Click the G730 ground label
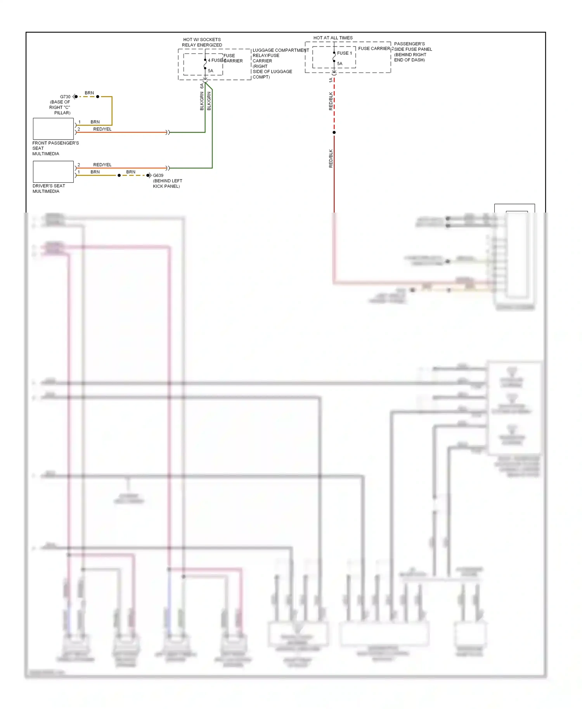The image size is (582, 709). tap(65, 97)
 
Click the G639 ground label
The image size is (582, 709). tap(158, 175)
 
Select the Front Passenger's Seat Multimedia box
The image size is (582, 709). tap(53, 129)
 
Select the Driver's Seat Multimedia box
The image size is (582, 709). tap(53, 172)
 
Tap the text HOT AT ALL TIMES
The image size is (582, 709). tap(333, 38)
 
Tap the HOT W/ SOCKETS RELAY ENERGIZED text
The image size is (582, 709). tap(202, 42)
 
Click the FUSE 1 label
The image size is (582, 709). tap(344, 53)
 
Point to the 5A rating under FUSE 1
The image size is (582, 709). tap(339, 64)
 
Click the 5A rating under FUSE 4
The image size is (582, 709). tap(210, 71)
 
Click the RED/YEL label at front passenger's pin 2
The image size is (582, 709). tap(102, 129)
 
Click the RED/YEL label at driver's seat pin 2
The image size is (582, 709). tap(102, 165)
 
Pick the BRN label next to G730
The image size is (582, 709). tap(89, 93)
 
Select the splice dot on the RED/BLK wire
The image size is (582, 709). tap(334, 133)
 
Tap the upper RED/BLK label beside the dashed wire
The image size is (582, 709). tap(331, 101)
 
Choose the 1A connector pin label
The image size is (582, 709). tap(331, 80)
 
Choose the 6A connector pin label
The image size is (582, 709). tap(202, 86)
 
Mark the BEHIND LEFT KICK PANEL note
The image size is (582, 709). tap(167, 183)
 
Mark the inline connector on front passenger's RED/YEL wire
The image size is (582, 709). tap(168, 133)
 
